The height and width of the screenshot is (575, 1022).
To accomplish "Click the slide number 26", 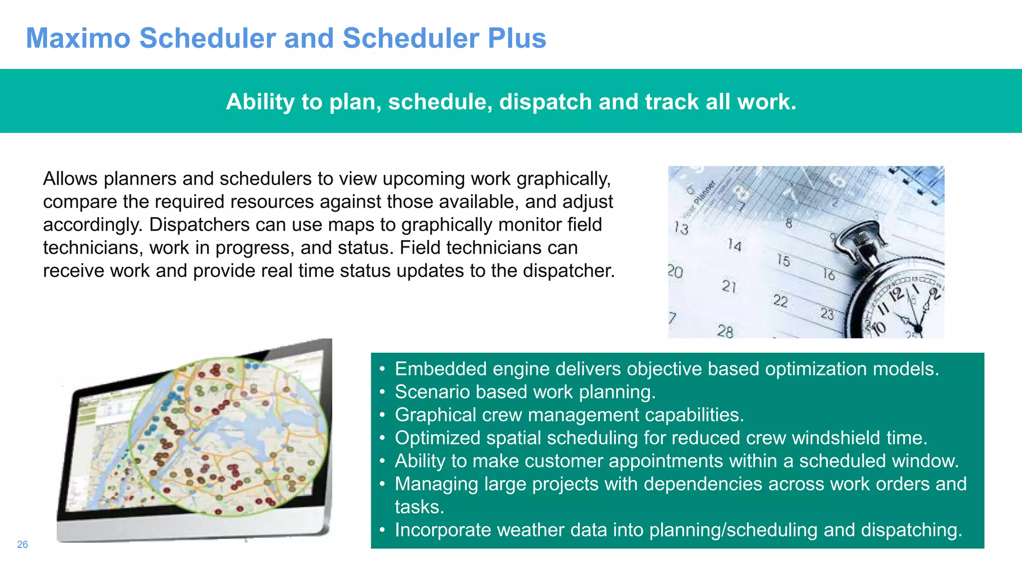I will [22, 545].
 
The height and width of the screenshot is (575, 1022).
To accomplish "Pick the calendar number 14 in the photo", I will [734, 245].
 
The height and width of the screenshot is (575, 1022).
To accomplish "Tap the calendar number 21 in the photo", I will [729, 286].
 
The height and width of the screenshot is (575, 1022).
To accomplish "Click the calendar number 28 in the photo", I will [725, 331].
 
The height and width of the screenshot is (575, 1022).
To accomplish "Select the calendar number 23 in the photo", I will [827, 314].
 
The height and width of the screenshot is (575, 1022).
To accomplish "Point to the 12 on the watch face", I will [896, 293].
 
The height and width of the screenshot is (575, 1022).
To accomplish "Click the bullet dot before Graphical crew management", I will [382, 415].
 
